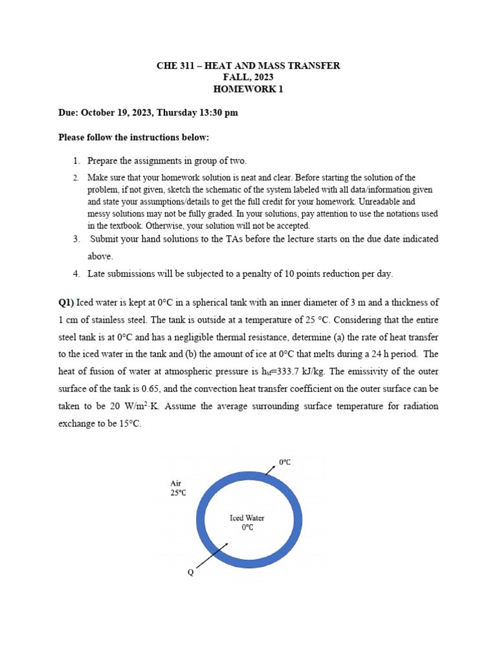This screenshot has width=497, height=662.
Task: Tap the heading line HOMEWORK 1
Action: (248, 89)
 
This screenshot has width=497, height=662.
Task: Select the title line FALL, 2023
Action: (248, 78)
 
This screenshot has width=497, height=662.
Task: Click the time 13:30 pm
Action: (213, 112)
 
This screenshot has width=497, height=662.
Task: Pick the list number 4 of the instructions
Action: (76, 273)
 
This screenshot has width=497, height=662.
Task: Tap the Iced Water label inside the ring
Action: (247, 518)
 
